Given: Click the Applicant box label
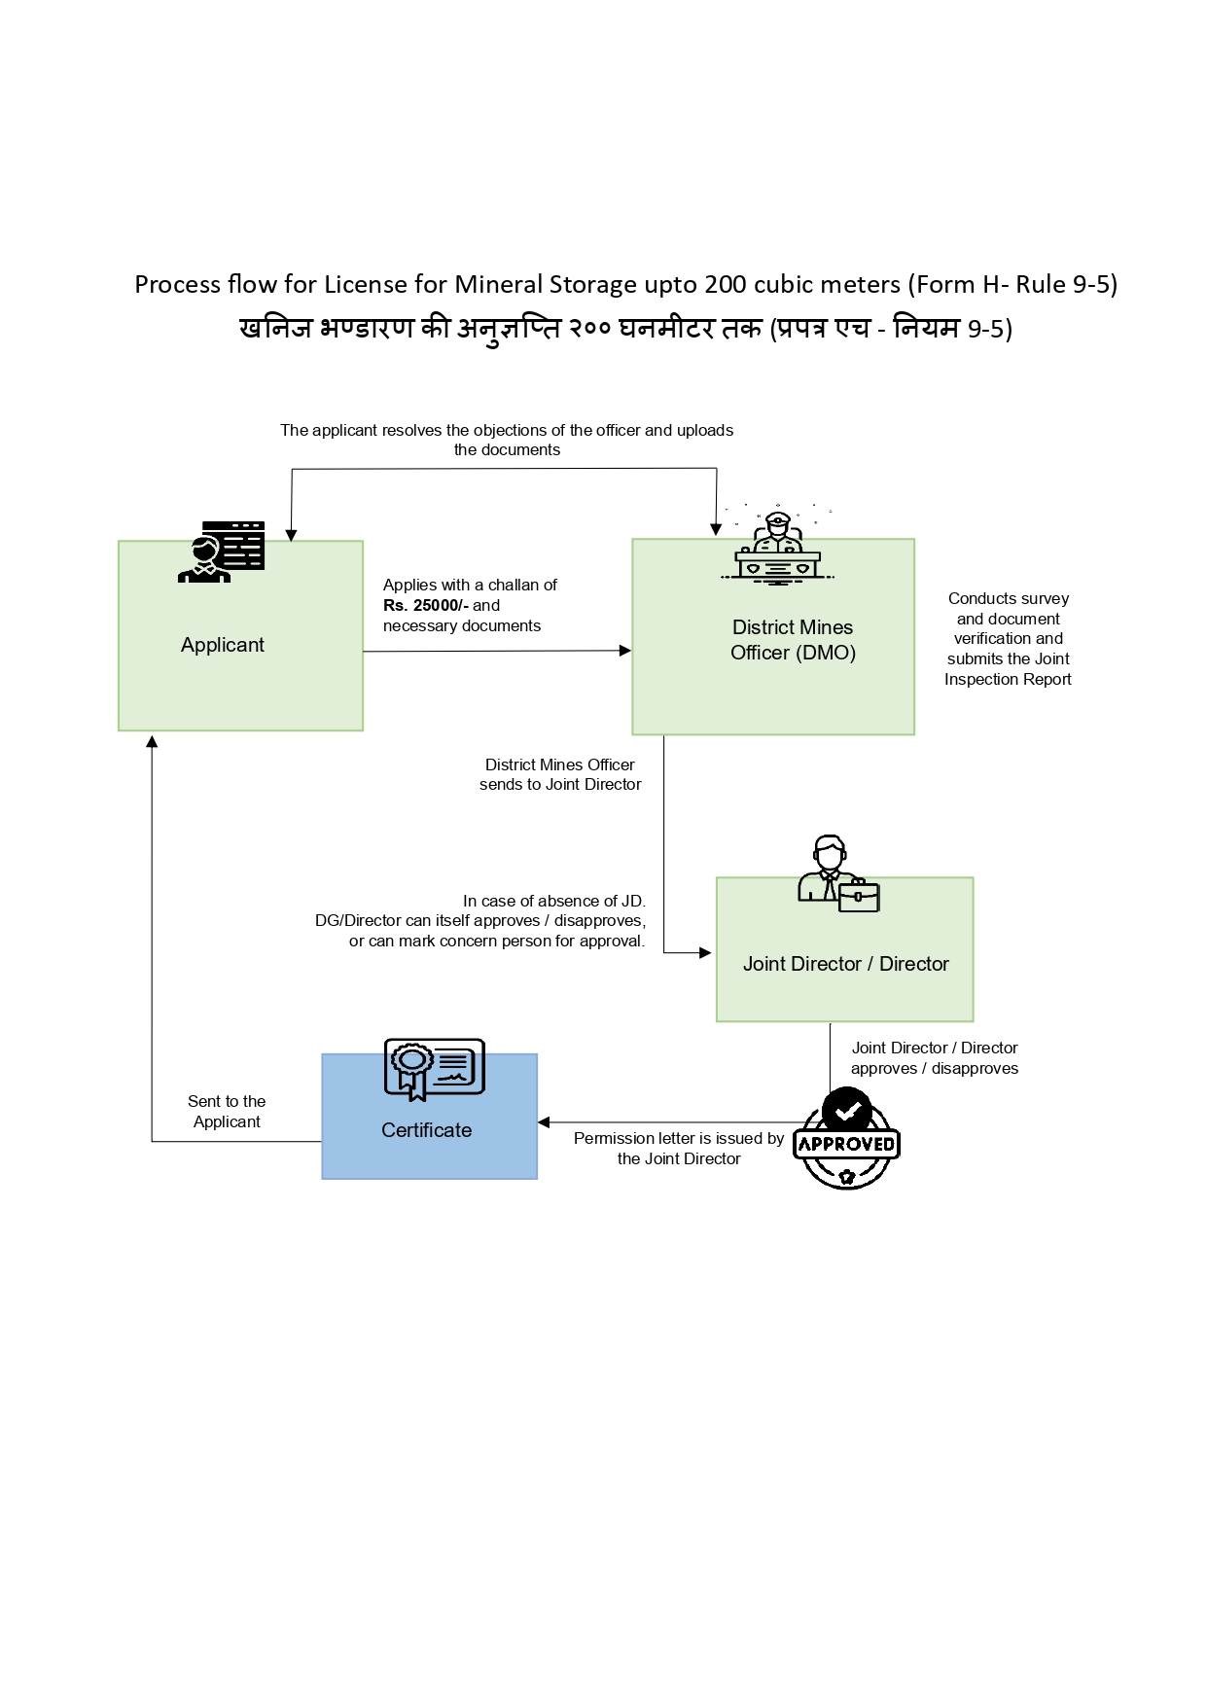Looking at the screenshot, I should pyautogui.click(x=222, y=645).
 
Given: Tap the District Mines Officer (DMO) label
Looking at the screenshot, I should pyautogui.click(x=793, y=640).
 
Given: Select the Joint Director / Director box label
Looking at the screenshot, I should pyautogui.click(x=845, y=964).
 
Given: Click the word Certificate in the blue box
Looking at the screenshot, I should pyautogui.click(x=426, y=1130).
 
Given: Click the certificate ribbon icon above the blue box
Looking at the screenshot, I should pyautogui.click(x=434, y=1069).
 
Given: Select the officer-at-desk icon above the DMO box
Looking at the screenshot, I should pyautogui.click(x=777, y=550).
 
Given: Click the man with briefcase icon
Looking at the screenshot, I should pyautogui.click(x=837, y=873).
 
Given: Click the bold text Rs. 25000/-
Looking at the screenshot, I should pyautogui.click(x=425, y=605).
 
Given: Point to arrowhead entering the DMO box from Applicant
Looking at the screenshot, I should pyautogui.click(x=625, y=651).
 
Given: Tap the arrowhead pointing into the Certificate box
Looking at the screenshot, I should pyautogui.click(x=544, y=1122).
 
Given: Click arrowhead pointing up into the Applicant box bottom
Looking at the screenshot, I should pyautogui.click(x=152, y=742).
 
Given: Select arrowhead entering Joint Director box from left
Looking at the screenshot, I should pyautogui.click(x=706, y=953).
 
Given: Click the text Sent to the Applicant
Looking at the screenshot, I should pyautogui.click(x=227, y=1111).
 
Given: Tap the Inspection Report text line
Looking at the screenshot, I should pyautogui.click(x=1008, y=679).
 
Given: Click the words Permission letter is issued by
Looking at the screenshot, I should pyautogui.click(x=678, y=1138).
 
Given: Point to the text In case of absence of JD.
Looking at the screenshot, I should pyautogui.click(x=553, y=901).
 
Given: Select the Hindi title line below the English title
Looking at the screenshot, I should pyautogui.click(x=625, y=329).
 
